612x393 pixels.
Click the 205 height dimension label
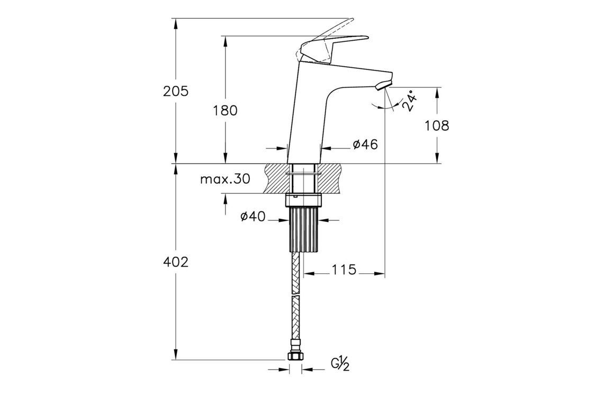click(176, 91)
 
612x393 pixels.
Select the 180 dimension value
click(225, 111)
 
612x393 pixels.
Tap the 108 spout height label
click(437, 126)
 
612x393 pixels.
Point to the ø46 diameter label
click(365, 145)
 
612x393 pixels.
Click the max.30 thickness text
click(225, 180)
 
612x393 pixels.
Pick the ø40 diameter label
click(253, 217)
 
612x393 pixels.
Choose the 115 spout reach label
click(344, 269)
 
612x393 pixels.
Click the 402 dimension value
click(176, 262)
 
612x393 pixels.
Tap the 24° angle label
click(409, 101)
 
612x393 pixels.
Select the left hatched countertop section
click(277, 178)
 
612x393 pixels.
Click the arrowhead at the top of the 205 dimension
click(176, 23)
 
